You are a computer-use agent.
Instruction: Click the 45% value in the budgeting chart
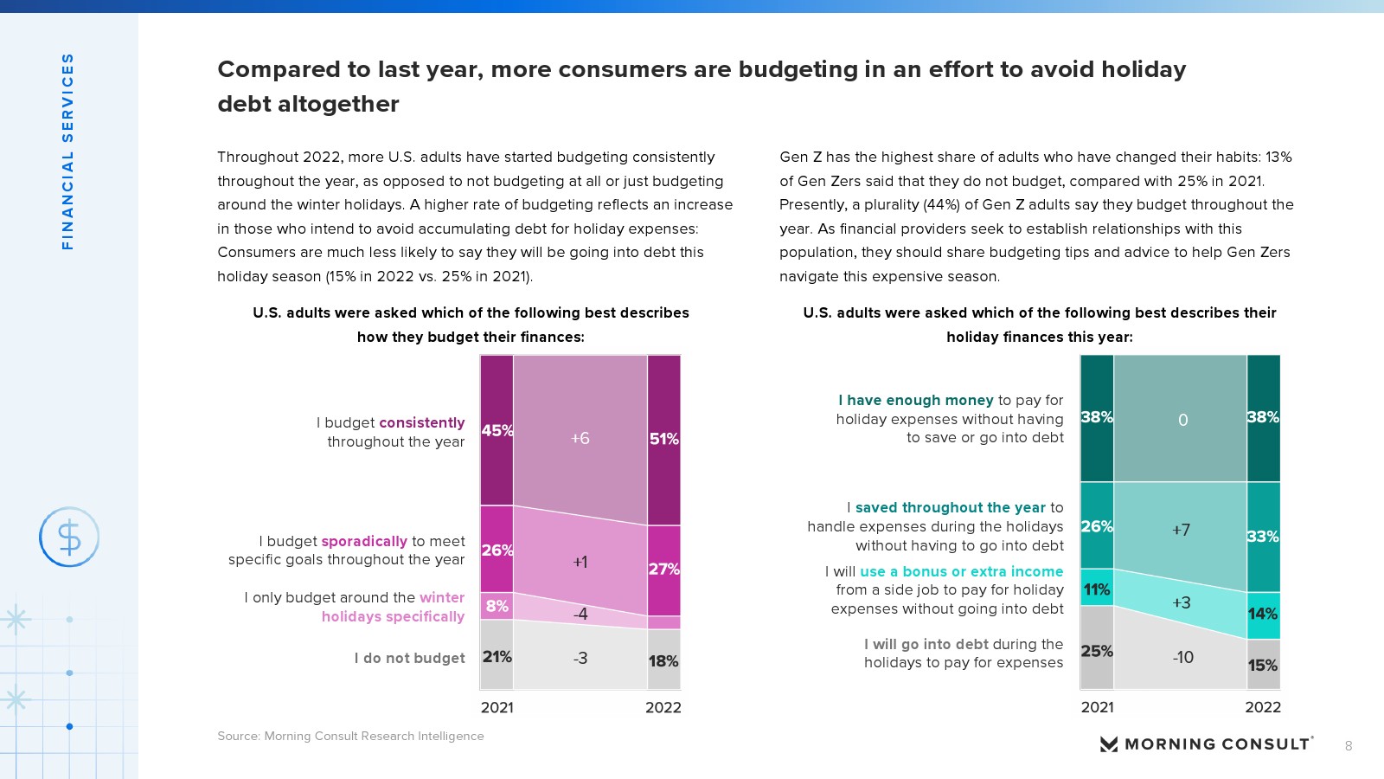(x=497, y=430)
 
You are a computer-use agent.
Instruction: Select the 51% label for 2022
(x=663, y=439)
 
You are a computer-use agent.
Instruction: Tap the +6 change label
(x=580, y=438)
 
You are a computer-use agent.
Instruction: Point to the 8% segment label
(x=497, y=606)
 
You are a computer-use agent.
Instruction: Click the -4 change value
(x=580, y=614)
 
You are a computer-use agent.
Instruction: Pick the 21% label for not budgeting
(x=497, y=657)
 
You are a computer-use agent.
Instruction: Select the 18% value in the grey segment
(x=663, y=661)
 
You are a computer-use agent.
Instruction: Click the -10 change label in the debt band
(x=1182, y=657)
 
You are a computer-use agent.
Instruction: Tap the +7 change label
(x=1181, y=530)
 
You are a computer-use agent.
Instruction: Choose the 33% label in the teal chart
(x=1263, y=537)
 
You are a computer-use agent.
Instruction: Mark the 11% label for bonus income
(x=1097, y=589)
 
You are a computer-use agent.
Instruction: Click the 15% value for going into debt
(x=1263, y=666)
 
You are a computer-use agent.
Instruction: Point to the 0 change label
(x=1182, y=420)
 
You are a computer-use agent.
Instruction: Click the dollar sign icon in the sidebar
(x=69, y=538)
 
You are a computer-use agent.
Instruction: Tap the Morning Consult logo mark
(x=1109, y=744)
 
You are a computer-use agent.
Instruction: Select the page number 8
(x=1349, y=746)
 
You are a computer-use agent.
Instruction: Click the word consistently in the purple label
(x=422, y=422)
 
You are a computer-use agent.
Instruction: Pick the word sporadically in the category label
(x=364, y=541)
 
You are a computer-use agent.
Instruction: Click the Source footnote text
(x=350, y=736)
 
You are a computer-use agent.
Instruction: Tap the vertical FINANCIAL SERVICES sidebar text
(x=67, y=151)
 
